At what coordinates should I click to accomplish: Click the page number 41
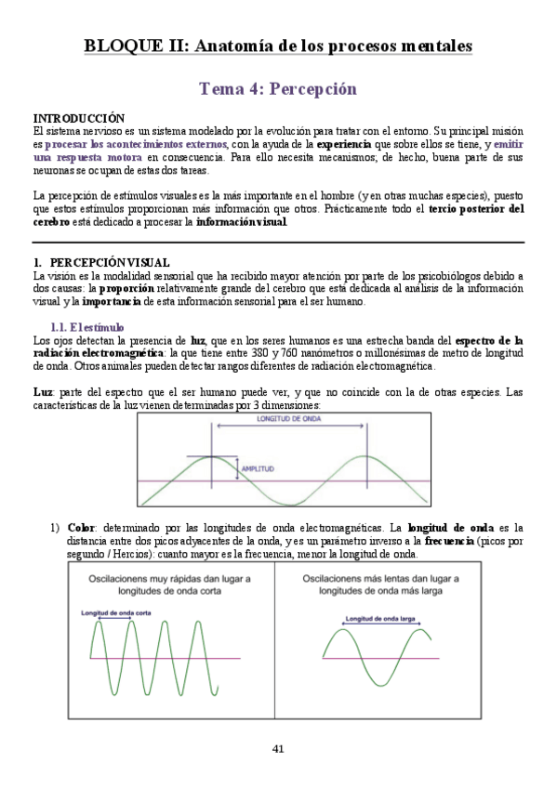tap(278, 749)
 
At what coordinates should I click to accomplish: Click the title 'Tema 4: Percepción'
tap(278, 89)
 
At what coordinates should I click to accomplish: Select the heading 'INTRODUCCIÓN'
tap(79, 119)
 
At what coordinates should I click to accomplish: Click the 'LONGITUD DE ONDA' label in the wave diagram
tap(289, 420)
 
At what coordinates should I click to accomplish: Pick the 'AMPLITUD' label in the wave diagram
tap(258, 468)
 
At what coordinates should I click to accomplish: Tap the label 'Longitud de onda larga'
tap(379, 618)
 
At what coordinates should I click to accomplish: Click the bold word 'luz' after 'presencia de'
tap(198, 341)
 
